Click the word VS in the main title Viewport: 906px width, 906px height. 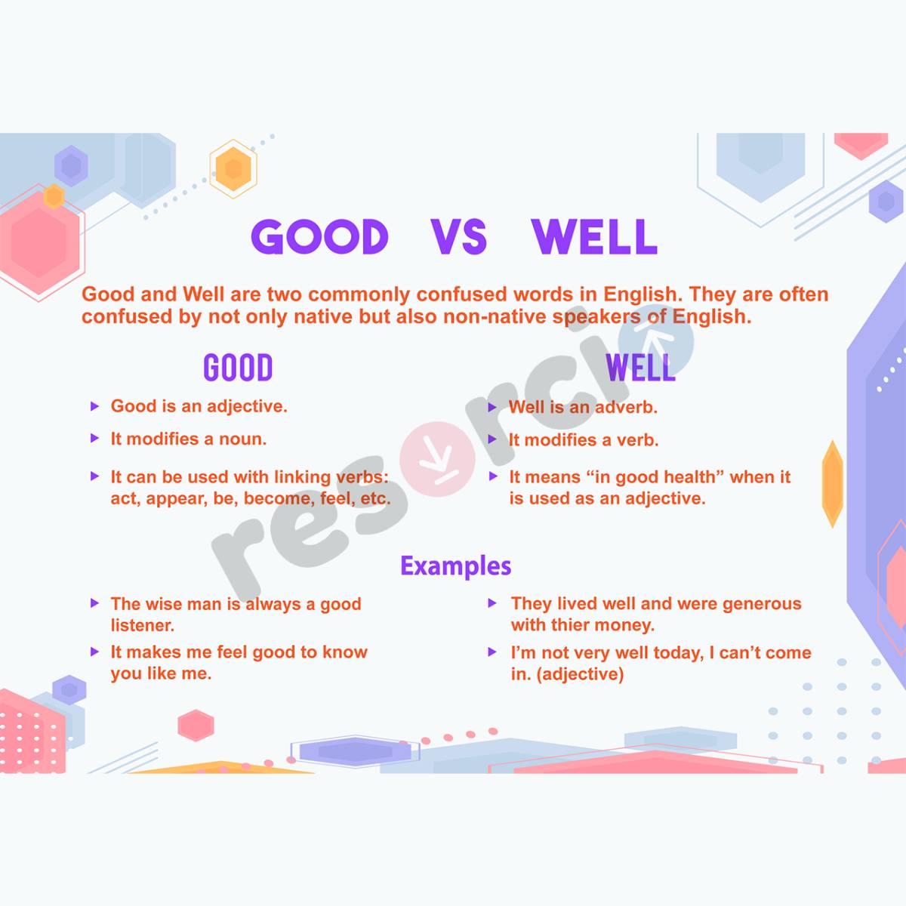click(459, 237)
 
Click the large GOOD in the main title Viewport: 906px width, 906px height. click(319, 237)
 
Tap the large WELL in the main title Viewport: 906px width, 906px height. click(594, 237)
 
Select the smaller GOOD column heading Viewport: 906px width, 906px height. click(238, 368)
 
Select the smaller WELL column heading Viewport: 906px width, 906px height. click(640, 368)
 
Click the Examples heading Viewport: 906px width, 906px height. click(455, 565)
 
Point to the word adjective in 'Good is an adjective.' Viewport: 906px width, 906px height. click(247, 406)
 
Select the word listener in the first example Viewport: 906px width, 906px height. click(142, 625)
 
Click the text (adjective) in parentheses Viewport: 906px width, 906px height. click(580, 674)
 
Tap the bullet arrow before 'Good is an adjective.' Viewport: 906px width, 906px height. click(94, 406)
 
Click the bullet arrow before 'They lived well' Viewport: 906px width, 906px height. click(492, 603)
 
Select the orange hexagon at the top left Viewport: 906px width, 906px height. click(233, 168)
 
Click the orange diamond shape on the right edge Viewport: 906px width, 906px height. click(832, 483)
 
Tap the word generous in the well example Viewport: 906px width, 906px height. click(761, 604)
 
